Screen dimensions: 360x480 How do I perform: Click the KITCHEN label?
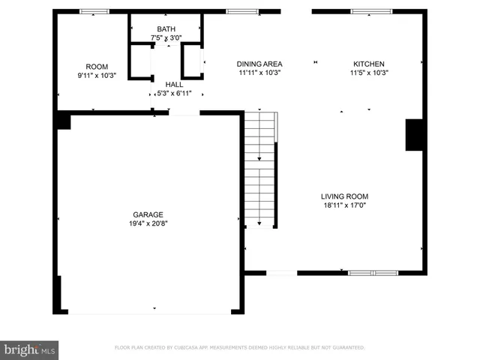(x=369, y=64)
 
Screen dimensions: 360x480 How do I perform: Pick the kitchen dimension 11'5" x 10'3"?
(x=369, y=73)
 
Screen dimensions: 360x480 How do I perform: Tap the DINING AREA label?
(x=259, y=64)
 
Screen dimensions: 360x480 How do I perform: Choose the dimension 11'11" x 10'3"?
(x=259, y=73)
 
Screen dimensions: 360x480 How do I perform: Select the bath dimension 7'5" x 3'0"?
(x=166, y=37)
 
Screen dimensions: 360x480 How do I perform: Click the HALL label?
(x=174, y=85)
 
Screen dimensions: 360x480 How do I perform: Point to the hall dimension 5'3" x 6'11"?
(x=174, y=94)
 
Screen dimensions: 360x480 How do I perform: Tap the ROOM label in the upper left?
(x=97, y=67)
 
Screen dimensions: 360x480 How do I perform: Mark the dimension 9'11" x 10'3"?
(x=97, y=76)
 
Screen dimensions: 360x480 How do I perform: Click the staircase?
(x=261, y=169)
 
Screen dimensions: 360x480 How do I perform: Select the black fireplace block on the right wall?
(x=415, y=134)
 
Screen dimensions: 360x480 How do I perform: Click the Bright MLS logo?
(x=30, y=349)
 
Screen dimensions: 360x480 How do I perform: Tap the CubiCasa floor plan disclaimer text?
(x=239, y=348)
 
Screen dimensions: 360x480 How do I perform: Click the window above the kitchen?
(x=370, y=11)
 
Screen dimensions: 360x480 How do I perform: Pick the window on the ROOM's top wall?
(x=94, y=11)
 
